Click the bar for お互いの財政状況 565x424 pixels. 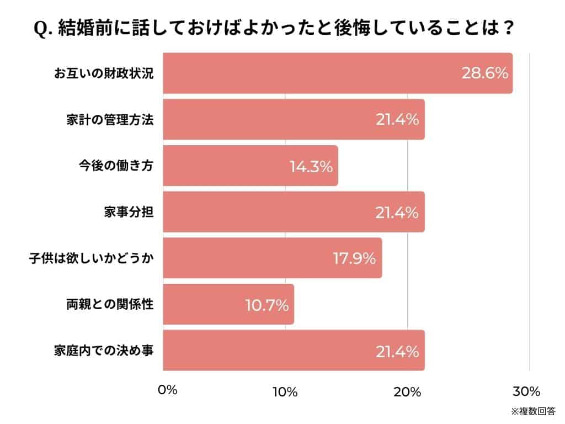[x=338, y=73]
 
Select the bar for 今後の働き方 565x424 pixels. [x=250, y=166]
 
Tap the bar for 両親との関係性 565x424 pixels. [x=228, y=304]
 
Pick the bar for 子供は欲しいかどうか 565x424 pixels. [x=273, y=258]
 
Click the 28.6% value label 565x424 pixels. [x=484, y=73]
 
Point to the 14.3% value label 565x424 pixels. [x=311, y=166]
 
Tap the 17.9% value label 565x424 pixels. [x=354, y=258]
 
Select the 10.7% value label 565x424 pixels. [x=266, y=305]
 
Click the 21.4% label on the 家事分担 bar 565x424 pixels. [x=397, y=212]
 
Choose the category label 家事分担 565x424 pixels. [x=129, y=212]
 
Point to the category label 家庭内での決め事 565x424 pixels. [x=103, y=351]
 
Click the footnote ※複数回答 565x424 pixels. [x=532, y=411]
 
